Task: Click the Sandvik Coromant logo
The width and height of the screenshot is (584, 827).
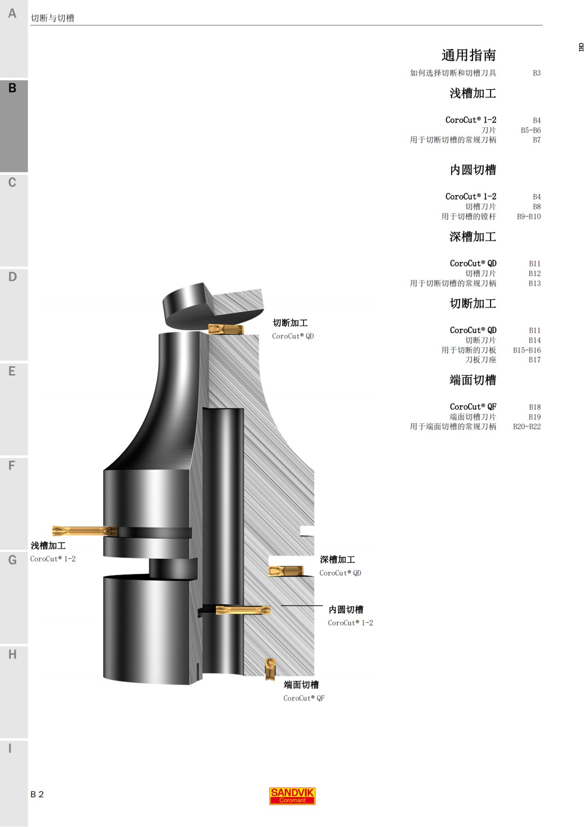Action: [x=292, y=796]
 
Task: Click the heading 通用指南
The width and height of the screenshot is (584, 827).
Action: [x=468, y=55]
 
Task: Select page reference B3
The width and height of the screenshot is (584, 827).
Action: [x=536, y=73]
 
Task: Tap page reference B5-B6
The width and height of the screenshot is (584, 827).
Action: [x=530, y=130]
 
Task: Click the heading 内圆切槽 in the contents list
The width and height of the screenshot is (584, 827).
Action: [x=473, y=170]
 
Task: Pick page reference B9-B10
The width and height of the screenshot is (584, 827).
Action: [x=529, y=216]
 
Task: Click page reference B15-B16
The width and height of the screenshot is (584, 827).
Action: [x=527, y=350]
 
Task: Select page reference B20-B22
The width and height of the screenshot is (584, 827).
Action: [x=527, y=427]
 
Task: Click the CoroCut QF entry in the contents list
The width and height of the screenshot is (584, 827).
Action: [x=473, y=407]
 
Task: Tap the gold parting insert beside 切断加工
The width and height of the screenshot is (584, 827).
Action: [x=226, y=330]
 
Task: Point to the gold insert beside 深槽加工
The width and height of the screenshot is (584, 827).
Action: [x=286, y=571]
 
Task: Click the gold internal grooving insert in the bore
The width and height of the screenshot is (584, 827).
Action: [x=243, y=610]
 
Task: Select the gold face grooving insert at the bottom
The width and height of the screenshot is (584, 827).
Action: [x=270, y=669]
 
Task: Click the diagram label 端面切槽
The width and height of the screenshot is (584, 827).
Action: [x=301, y=685]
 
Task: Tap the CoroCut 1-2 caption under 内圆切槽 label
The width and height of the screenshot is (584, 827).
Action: [x=350, y=623]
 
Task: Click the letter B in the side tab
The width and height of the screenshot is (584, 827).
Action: [x=13, y=88]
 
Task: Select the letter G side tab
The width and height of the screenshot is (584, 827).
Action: [x=13, y=560]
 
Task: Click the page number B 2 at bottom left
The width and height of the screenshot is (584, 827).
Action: [x=37, y=794]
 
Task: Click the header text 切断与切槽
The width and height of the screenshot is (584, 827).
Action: [x=53, y=18]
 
